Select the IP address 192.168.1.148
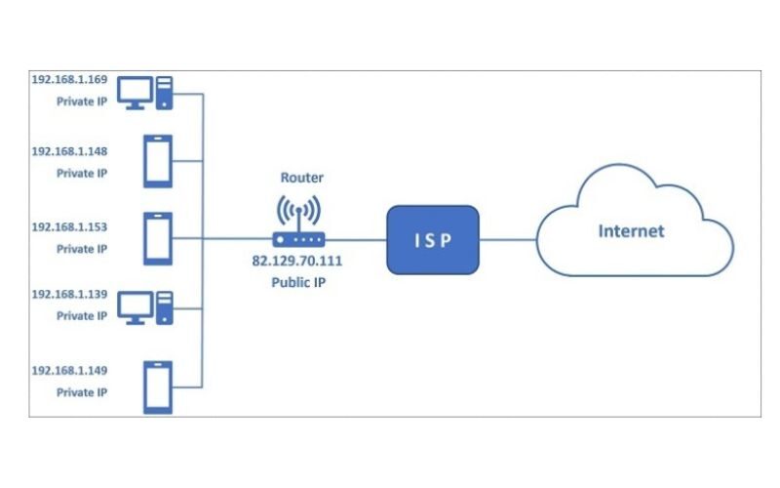coord(69,151)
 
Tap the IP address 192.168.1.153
coord(69,226)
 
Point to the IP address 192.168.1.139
coord(69,294)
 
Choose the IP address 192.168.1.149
coord(69,371)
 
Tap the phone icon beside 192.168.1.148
coord(158,161)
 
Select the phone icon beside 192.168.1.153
coord(158,238)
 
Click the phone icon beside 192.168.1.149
coord(158,385)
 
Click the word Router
coord(301,179)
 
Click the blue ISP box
coord(433,239)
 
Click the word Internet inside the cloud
coord(631,231)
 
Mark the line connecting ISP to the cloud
coord(508,239)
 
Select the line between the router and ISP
coord(355,239)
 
